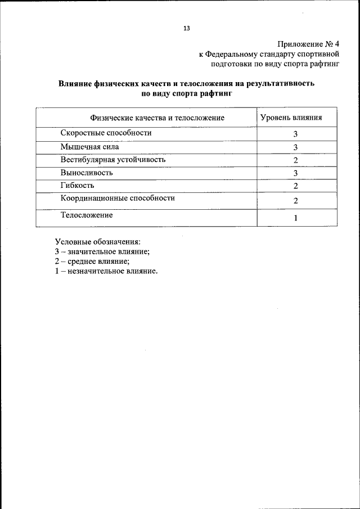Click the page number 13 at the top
(186, 28)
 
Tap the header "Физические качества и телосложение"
(157, 118)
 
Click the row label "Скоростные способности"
(106, 133)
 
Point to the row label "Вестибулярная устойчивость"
(113, 160)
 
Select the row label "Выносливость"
(87, 173)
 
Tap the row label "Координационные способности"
(118, 199)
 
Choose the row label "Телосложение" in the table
(87, 215)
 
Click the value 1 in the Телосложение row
(295, 218)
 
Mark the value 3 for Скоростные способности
(295, 134)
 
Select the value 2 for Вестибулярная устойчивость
(295, 161)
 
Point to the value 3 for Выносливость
(295, 174)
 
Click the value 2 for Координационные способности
(295, 201)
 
